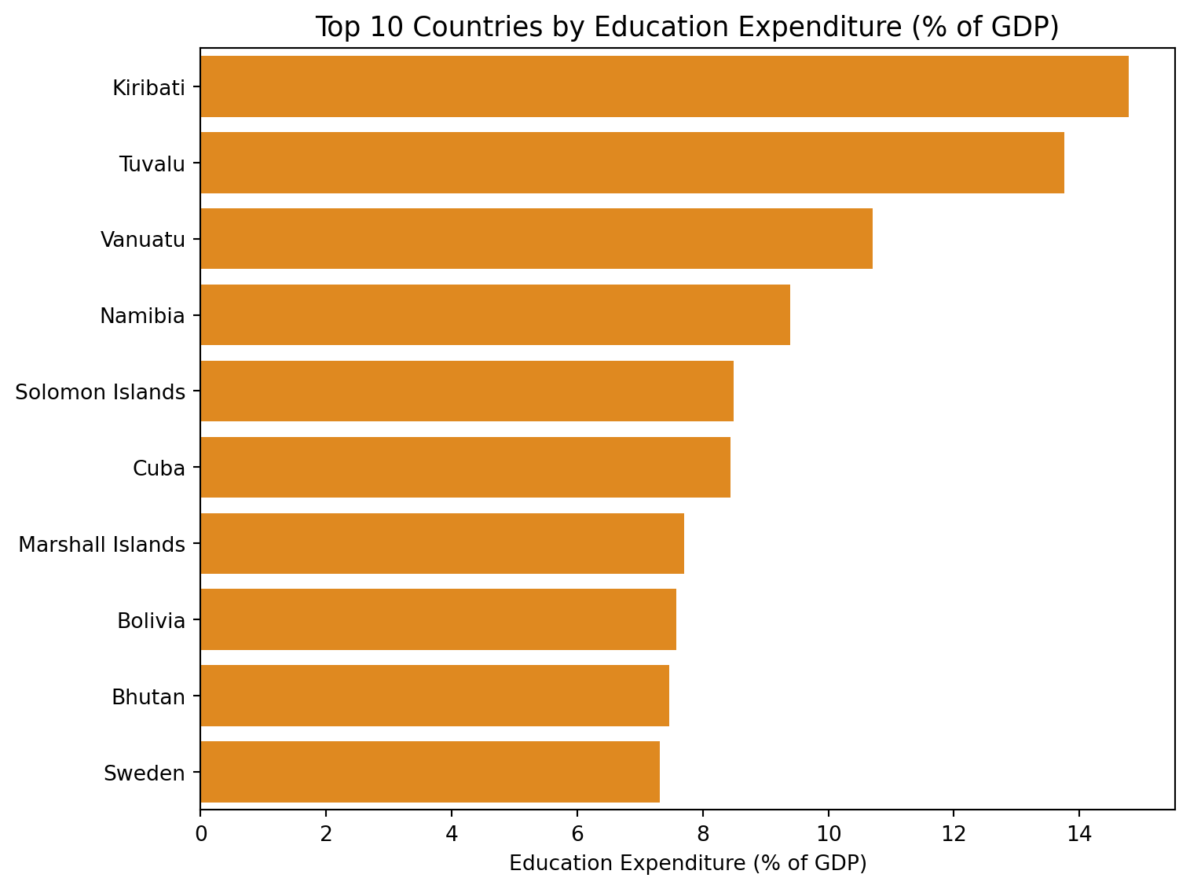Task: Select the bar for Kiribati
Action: click(664, 86)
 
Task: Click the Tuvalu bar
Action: click(632, 163)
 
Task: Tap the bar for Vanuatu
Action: click(536, 239)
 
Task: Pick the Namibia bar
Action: click(495, 315)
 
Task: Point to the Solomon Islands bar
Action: click(467, 391)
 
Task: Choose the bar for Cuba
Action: click(465, 468)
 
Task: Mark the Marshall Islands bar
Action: click(442, 544)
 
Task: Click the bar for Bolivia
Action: click(438, 620)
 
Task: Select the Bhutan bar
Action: click(434, 696)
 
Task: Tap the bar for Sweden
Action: click(430, 773)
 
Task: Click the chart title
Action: click(687, 28)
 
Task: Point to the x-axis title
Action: click(687, 864)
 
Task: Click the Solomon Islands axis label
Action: click(101, 392)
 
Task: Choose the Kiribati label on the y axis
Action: click(148, 87)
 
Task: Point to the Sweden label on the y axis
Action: click(145, 773)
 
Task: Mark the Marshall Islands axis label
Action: click(102, 545)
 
